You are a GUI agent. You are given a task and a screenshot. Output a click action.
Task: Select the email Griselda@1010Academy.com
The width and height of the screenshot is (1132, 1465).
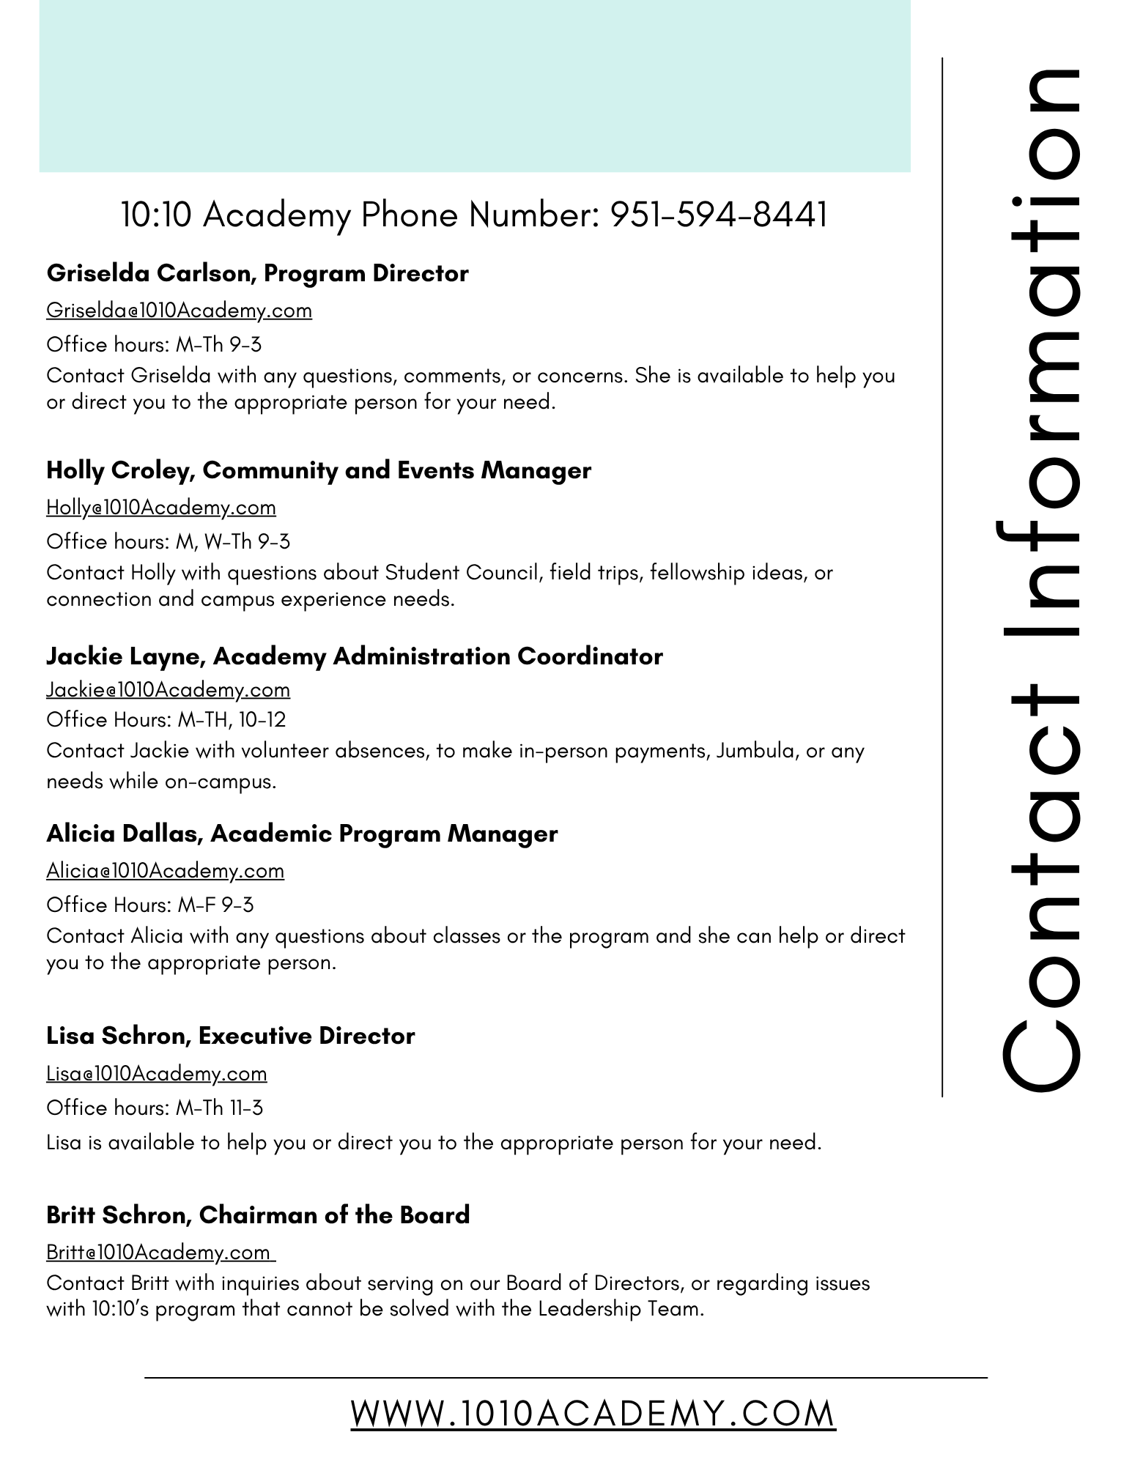point(179,311)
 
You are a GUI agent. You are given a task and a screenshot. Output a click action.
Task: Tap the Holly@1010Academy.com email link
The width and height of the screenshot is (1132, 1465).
point(161,508)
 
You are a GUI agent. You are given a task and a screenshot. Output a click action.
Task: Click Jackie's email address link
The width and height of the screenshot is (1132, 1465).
point(168,690)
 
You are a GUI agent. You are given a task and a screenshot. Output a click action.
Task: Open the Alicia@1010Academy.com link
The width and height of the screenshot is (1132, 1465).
point(165,871)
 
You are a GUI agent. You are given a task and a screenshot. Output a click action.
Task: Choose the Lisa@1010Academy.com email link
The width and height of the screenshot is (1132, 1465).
point(156,1074)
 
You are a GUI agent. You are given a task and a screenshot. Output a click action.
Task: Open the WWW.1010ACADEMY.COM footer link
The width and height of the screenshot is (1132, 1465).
point(593,1413)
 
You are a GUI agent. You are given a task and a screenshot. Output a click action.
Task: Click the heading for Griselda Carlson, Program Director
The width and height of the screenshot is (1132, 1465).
point(257,273)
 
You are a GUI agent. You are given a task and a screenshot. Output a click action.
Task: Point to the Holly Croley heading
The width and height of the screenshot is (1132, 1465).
point(318,470)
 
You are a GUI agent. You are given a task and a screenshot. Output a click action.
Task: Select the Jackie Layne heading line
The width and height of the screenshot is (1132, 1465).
point(354,656)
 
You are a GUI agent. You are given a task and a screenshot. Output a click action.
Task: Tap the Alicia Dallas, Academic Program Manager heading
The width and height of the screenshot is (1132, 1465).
point(302,834)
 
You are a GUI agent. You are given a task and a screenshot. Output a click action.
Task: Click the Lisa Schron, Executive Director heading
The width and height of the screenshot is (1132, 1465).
point(230,1036)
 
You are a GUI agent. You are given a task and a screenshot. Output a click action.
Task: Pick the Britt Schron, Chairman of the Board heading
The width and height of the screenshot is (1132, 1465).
point(258,1215)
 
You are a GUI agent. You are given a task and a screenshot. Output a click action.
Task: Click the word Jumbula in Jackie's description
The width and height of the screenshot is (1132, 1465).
point(757,751)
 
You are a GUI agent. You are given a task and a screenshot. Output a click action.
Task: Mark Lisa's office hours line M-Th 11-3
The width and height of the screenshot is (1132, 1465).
point(155,1108)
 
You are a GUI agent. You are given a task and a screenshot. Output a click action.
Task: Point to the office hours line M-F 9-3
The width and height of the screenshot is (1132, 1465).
point(150,905)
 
